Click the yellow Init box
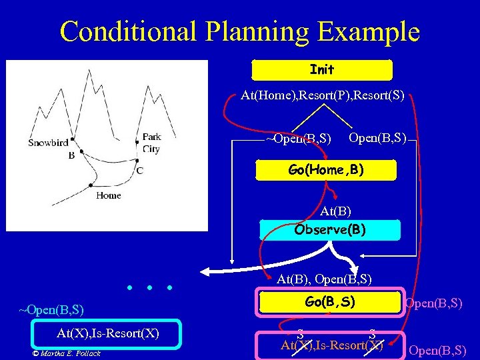click(x=322, y=69)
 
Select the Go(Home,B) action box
click(x=326, y=170)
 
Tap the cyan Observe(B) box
click(x=330, y=229)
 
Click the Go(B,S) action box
click(x=330, y=302)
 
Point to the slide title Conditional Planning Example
click(x=239, y=31)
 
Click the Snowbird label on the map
click(x=48, y=142)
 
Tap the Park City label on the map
click(x=151, y=143)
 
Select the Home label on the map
click(x=108, y=195)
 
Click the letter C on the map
click(x=139, y=171)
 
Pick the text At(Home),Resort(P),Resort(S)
click(x=323, y=95)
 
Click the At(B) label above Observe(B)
click(x=335, y=211)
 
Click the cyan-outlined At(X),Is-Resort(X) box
click(x=107, y=333)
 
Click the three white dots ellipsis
click(x=149, y=288)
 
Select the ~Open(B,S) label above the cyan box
click(x=51, y=310)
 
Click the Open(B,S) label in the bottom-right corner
click(x=437, y=350)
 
